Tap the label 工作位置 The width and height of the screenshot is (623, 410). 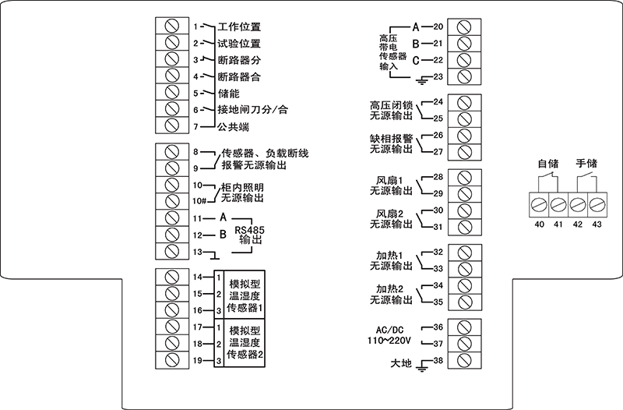point(239,27)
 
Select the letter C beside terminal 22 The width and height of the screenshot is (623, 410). point(416,60)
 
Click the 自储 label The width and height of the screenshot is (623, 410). point(549,164)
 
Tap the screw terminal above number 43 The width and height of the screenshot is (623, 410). point(597,206)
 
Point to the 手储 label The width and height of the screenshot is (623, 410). point(586,164)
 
